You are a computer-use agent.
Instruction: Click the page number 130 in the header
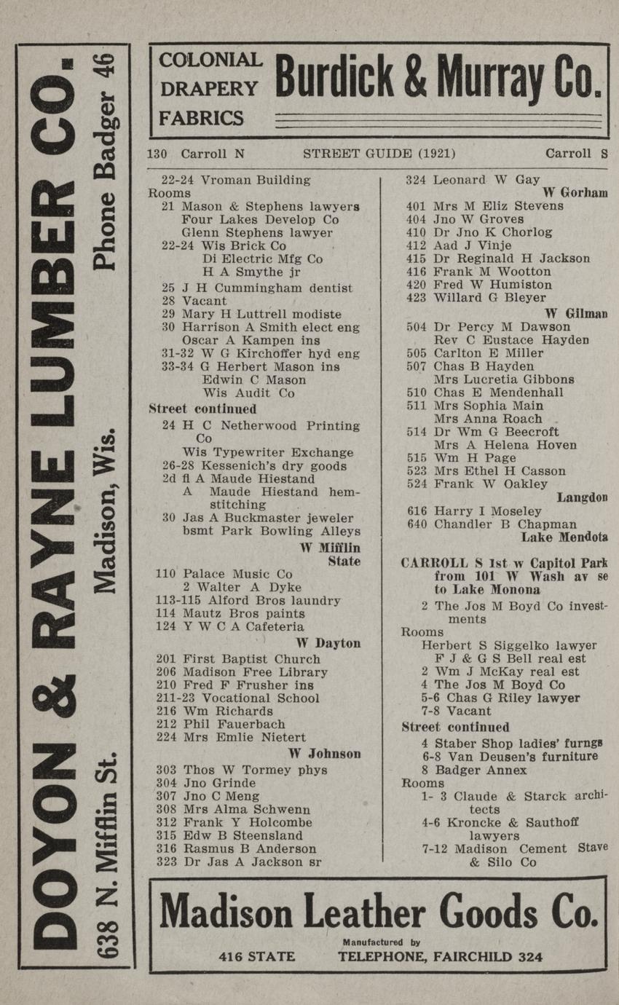[x=157, y=154]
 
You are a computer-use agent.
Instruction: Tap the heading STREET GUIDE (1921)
[x=379, y=154]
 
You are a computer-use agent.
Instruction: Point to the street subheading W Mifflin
[x=330, y=547]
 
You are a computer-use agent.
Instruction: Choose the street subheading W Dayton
[x=328, y=643]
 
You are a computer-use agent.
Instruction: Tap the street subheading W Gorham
[x=575, y=192]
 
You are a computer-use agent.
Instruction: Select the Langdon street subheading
[x=582, y=497]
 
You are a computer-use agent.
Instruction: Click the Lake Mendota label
[x=564, y=538]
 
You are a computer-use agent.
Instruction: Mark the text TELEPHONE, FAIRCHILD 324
[x=440, y=957]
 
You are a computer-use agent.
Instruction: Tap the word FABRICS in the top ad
[x=202, y=118]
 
